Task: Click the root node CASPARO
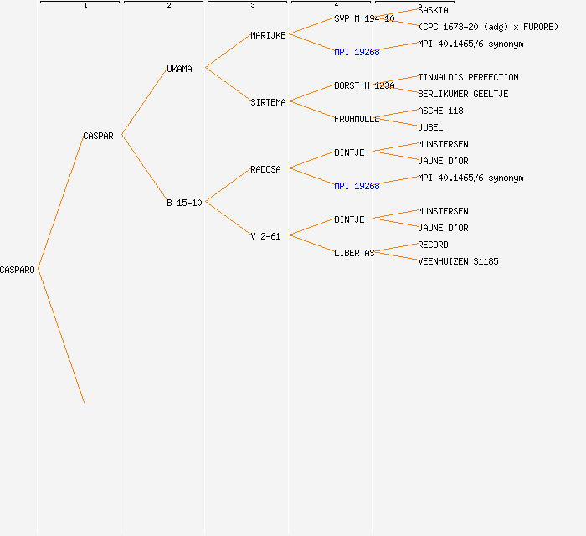click(x=18, y=270)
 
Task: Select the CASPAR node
click(x=98, y=136)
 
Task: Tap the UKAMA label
click(x=179, y=69)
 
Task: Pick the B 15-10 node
click(x=183, y=203)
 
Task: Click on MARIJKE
click(x=268, y=35)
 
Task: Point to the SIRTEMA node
click(x=268, y=102)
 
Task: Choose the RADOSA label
click(x=265, y=169)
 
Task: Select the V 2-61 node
click(x=265, y=236)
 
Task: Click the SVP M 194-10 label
click(x=364, y=18)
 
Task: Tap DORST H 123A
click(x=364, y=85)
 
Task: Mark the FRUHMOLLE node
click(x=357, y=119)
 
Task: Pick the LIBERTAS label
click(x=354, y=253)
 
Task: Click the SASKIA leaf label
click(x=433, y=10)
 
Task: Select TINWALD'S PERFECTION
click(x=468, y=77)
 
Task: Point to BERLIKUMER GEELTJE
click(x=463, y=94)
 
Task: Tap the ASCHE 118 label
click(x=440, y=111)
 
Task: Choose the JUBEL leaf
click(x=430, y=127)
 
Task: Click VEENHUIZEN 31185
click(x=458, y=261)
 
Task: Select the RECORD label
click(x=433, y=245)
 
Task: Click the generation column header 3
click(x=252, y=6)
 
